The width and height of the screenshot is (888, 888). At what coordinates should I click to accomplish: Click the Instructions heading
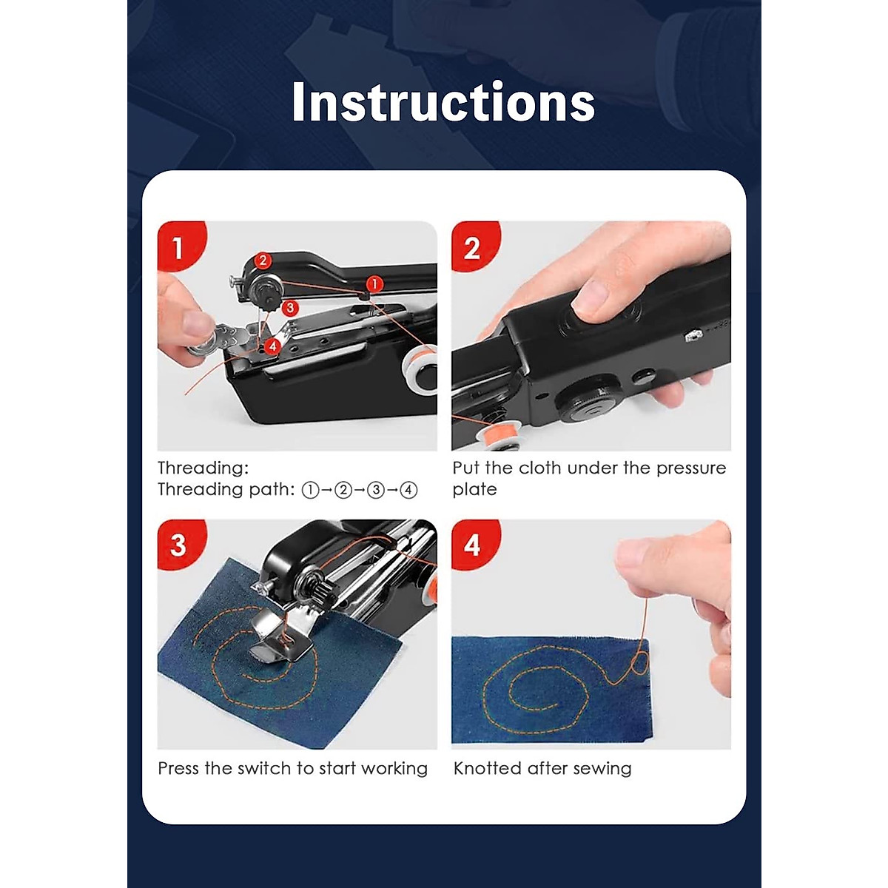pyautogui.click(x=443, y=102)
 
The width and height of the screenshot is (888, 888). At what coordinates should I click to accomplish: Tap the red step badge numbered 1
pyautogui.click(x=178, y=247)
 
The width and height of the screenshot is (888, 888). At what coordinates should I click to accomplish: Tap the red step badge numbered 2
pyautogui.click(x=472, y=247)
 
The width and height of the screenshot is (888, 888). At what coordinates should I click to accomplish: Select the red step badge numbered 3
pyautogui.click(x=178, y=545)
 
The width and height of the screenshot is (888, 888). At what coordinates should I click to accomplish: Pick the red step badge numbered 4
pyautogui.click(x=472, y=545)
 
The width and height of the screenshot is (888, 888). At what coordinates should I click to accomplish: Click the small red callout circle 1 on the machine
pyautogui.click(x=374, y=283)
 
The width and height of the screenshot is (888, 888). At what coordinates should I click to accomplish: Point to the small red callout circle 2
pyautogui.click(x=263, y=260)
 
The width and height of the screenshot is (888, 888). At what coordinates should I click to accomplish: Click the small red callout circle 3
pyautogui.click(x=289, y=306)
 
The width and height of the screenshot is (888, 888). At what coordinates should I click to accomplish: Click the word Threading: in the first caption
pyautogui.click(x=203, y=468)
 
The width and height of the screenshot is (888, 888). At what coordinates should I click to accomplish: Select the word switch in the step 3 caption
pyautogui.click(x=265, y=768)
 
